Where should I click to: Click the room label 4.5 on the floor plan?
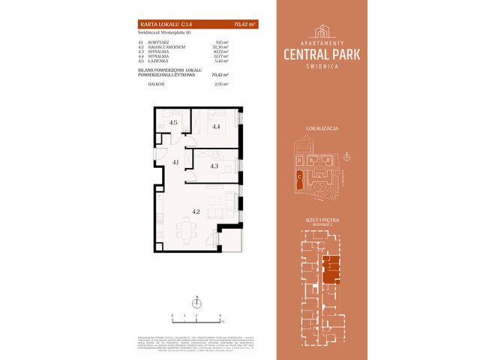(172, 122)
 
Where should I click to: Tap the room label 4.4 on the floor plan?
(217, 127)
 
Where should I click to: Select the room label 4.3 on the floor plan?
(214, 166)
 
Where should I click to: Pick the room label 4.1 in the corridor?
(174, 162)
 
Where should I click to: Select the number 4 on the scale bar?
(220, 316)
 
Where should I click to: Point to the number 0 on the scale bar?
(172, 316)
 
